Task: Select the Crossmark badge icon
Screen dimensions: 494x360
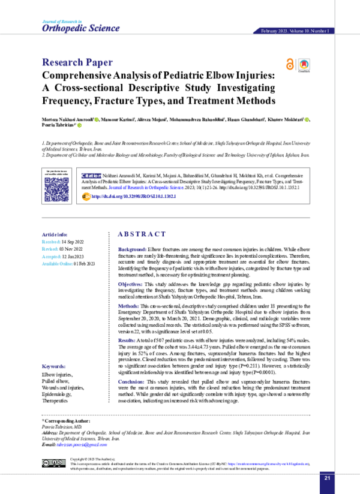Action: tap(304, 65)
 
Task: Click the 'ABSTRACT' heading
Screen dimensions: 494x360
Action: tap(142, 234)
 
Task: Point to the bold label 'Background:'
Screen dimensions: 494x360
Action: tap(132, 248)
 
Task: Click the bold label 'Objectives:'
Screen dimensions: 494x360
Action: tap(132, 284)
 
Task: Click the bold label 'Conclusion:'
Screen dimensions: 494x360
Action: tap(133, 381)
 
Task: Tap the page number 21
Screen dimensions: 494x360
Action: tap(327, 477)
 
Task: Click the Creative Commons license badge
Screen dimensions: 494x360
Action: tap(53, 463)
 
